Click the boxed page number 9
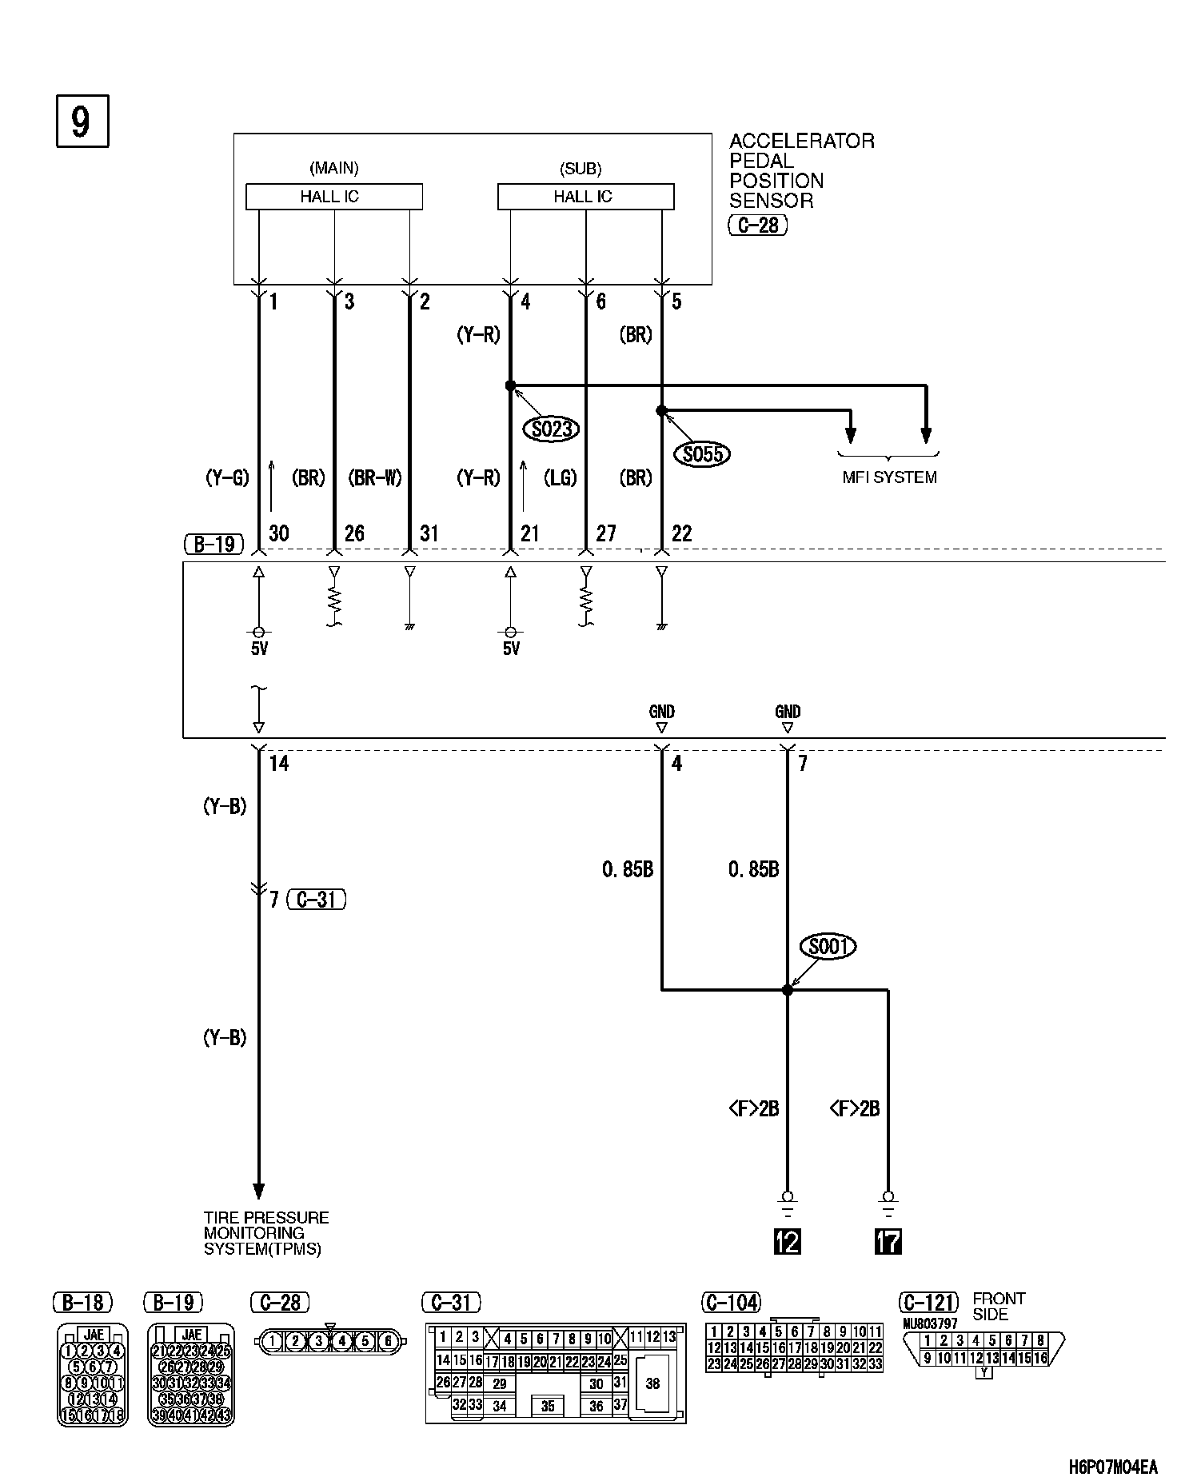[x=82, y=122]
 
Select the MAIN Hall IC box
[x=333, y=197]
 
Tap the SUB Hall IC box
[x=585, y=197]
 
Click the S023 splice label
[x=552, y=429]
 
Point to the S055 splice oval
[x=703, y=455]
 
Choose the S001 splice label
[x=827, y=947]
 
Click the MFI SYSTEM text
[x=889, y=477]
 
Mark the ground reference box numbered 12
[x=788, y=1241]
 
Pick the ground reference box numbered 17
[x=888, y=1241]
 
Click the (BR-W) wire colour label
[x=376, y=478]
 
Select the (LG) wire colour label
[x=560, y=478]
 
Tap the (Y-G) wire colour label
[x=227, y=478]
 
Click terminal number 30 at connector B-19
[x=279, y=533]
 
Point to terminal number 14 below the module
[x=279, y=764]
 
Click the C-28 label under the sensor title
[x=757, y=226]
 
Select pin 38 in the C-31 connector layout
[x=652, y=1383]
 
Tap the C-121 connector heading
[x=930, y=1303]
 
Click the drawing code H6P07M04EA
[x=1112, y=1467]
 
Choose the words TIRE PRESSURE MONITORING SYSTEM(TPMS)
[x=266, y=1233]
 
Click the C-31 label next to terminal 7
[x=317, y=900]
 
